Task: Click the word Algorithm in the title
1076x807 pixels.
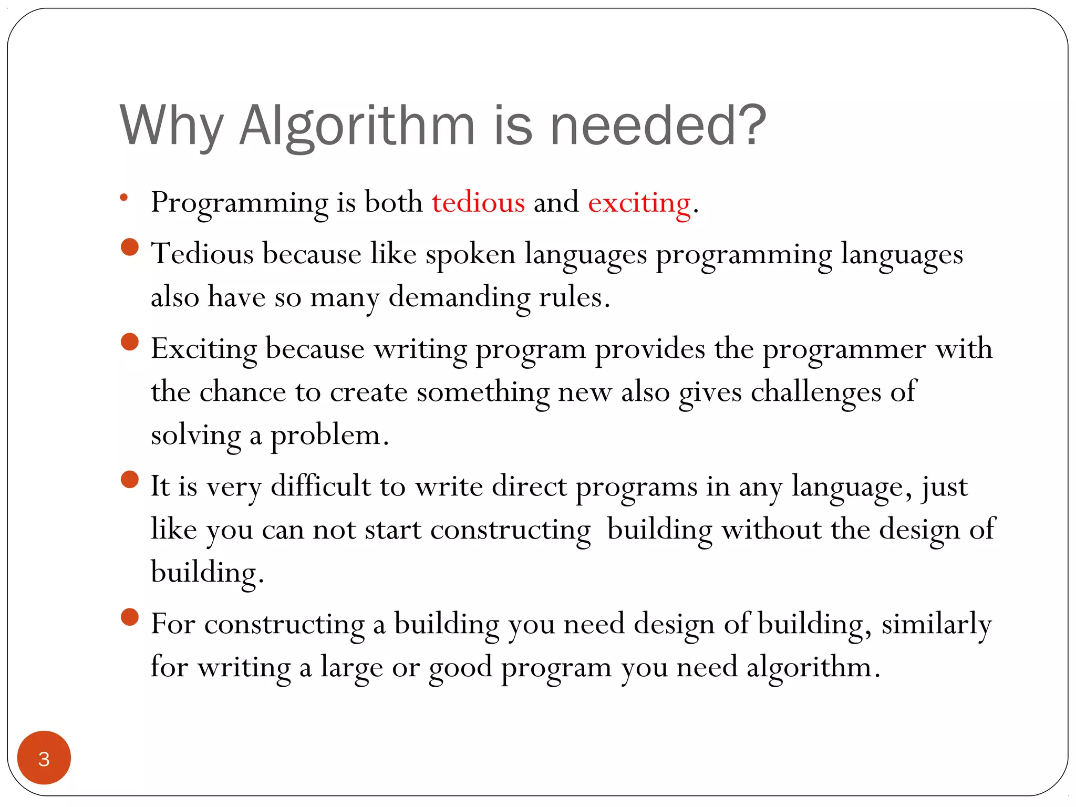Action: [x=357, y=126]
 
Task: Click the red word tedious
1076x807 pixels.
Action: [x=478, y=203]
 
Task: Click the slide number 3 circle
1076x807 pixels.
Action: [x=44, y=758]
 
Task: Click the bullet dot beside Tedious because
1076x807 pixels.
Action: [x=129, y=247]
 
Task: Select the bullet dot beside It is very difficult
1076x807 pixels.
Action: [x=129, y=479]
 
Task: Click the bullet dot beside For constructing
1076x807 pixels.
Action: [x=129, y=617]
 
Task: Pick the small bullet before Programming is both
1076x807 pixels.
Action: [x=124, y=198]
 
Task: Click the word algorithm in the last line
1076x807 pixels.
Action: [x=809, y=668]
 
